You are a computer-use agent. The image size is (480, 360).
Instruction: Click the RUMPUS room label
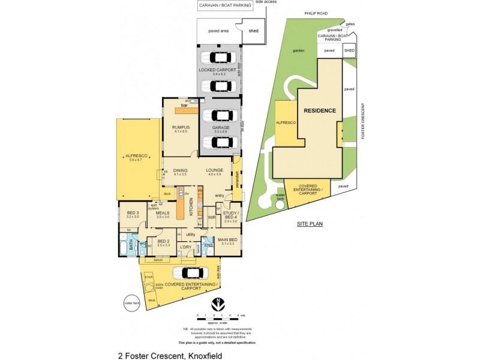click(181, 127)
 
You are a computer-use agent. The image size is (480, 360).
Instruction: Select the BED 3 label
click(133, 213)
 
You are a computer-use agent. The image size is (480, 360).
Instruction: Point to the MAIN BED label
click(227, 240)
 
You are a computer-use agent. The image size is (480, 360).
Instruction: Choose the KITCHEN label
click(191, 208)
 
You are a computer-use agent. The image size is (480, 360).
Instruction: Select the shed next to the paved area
click(253, 32)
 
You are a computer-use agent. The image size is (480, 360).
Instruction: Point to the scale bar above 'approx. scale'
click(218, 314)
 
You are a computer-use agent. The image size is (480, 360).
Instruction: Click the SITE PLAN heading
click(310, 224)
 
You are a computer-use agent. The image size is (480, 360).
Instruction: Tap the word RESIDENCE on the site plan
click(319, 111)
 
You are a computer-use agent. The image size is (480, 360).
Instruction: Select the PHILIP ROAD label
click(316, 12)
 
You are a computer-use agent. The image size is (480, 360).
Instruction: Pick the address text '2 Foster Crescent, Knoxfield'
click(170, 355)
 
